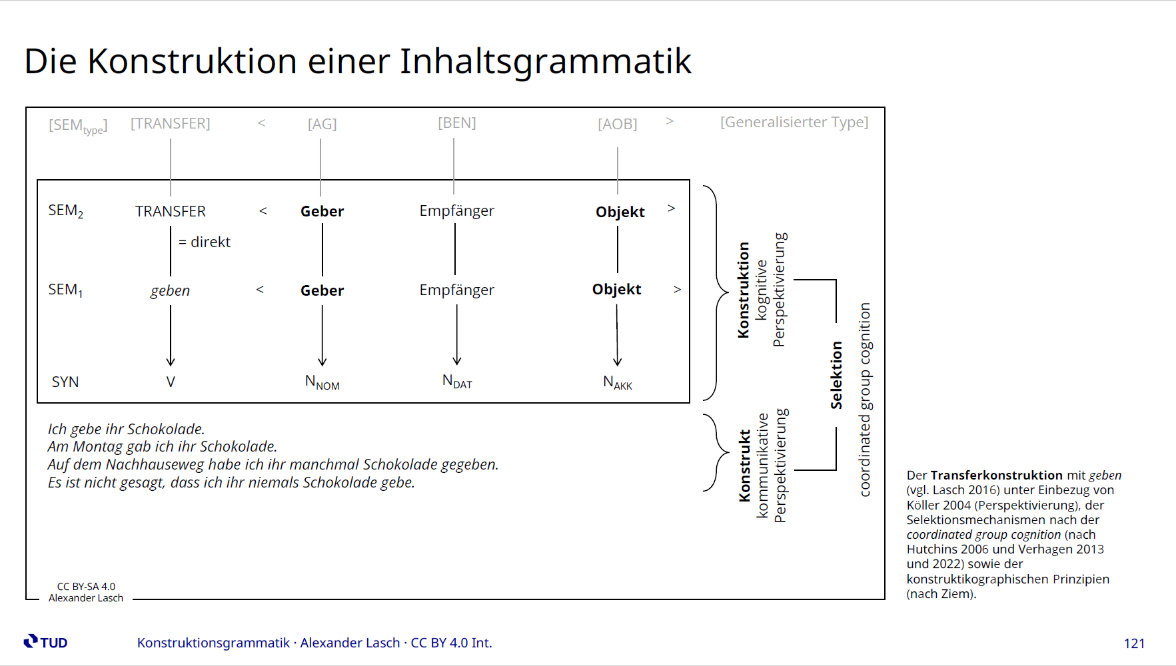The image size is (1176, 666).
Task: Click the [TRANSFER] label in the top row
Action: pyautogui.click(x=171, y=124)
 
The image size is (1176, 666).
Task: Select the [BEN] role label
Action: pyautogui.click(x=457, y=123)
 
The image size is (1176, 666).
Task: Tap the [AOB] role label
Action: pyautogui.click(x=618, y=125)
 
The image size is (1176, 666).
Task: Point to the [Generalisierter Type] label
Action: pyautogui.click(x=794, y=123)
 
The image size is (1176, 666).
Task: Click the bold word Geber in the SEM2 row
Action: pyautogui.click(x=322, y=211)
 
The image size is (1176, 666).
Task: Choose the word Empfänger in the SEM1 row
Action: pyautogui.click(x=457, y=290)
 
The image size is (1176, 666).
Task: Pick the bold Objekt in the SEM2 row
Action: pyautogui.click(x=620, y=212)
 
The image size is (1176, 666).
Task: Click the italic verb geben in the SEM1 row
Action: pyautogui.click(x=171, y=291)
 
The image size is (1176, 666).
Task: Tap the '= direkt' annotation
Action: pyautogui.click(x=205, y=242)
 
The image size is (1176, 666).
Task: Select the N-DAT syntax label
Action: pyautogui.click(x=457, y=382)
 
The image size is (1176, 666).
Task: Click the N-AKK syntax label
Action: pyautogui.click(x=618, y=383)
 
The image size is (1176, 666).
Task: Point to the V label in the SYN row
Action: pyautogui.click(x=171, y=382)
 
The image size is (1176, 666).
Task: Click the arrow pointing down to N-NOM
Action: pyautogui.click(x=322, y=335)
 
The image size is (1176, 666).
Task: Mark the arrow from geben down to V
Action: pyautogui.click(x=171, y=335)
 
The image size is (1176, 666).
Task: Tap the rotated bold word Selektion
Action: pyautogui.click(x=837, y=375)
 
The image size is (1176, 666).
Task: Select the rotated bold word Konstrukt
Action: pyautogui.click(x=745, y=466)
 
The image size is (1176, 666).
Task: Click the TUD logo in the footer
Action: pyautogui.click(x=46, y=642)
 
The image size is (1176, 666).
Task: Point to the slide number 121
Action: pyautogui.click(x=1134, y=643)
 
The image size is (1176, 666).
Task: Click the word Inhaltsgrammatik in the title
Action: pyautogui.click(x=546, y=62)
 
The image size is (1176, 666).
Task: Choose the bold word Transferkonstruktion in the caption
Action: pyautogui.click(x=997, y=476)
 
